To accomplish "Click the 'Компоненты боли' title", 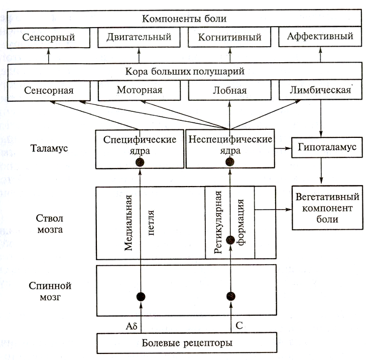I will pos(184,19).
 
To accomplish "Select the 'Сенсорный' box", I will pos(49,38).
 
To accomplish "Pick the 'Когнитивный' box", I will pos(229,38).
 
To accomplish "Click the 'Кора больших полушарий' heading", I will pos(184,71).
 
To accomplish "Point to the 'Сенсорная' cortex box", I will pos(49,91).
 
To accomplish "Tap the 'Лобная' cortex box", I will pos(229,91).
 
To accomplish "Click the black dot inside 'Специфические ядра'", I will pos(140,162).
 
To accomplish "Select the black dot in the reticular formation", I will pos(230,240).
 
